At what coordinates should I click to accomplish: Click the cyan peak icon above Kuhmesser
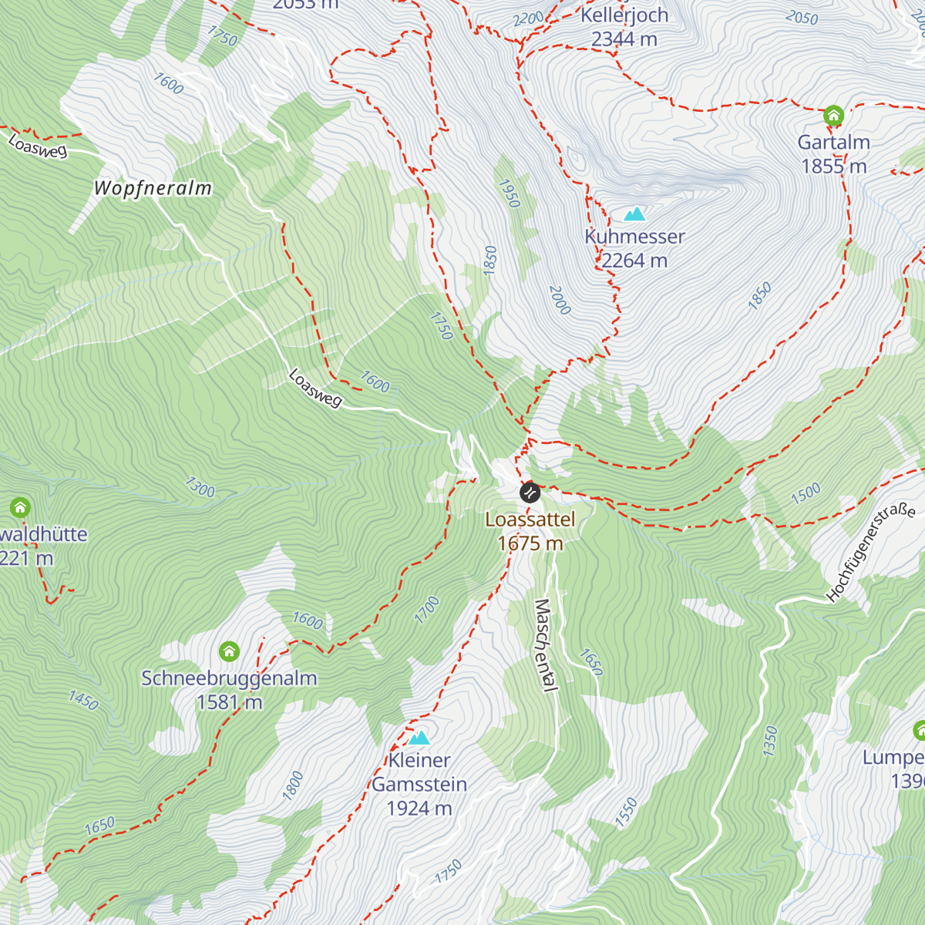(x=634, y=214)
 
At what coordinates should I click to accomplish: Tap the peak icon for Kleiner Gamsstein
(x=419, y=738)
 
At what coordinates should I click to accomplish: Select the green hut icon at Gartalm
(x=832, y=116)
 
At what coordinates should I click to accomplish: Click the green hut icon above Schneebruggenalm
(x=229, y=652)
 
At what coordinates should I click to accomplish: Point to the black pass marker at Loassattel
(x=530, y=493)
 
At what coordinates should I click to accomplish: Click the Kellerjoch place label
(x=624, y=15)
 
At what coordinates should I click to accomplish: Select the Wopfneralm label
(x=153, y=188)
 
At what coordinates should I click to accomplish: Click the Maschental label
(x=545, y=645)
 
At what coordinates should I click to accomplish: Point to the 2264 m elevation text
(x=634, y=261)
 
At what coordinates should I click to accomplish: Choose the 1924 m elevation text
(x=419, y=809)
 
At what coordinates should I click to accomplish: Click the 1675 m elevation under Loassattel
(x=530, y=543)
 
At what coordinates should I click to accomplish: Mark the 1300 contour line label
(x=200, y=487)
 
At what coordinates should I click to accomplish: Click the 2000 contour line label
(x=560, y=300)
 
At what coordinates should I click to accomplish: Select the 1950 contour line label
(x=510, y=193)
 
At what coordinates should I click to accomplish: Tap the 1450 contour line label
(x=83, y=700)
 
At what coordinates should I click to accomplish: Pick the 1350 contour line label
(x=770, y=741)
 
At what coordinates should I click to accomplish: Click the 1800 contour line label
(x=292, y=785)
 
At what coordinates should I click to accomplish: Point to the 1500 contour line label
(x=806, y=494)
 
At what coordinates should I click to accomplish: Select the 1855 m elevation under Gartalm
(x=834, y=166)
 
